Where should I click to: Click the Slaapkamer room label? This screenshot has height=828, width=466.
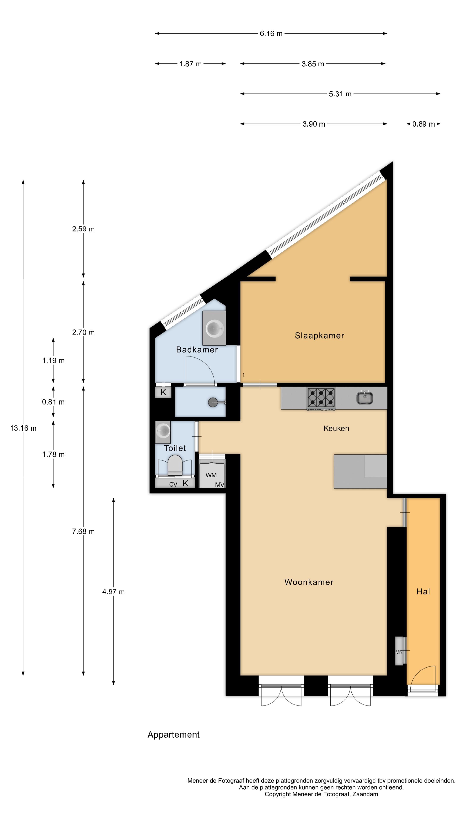(319, 336)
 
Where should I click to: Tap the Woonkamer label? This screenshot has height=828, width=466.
(309, 582)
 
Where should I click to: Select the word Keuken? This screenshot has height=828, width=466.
(336, 428)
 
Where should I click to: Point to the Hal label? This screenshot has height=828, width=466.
(423, 591)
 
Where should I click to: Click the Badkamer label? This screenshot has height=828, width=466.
(197, 350)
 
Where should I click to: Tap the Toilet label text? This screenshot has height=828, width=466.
(175, 448)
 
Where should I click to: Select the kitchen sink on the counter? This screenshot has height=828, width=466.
(364, 398)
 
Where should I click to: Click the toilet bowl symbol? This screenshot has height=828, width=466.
(175, 466)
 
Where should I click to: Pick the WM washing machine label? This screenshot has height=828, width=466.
(211, 475)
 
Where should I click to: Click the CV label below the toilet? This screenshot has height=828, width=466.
(173, 484)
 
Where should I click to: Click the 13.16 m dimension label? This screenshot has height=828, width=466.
(23, 428)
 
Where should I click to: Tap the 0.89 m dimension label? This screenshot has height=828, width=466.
(423, 124)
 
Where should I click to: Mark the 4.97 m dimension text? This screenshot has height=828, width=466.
(113, 592)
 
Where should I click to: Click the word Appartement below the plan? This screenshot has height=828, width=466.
(173, 734)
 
